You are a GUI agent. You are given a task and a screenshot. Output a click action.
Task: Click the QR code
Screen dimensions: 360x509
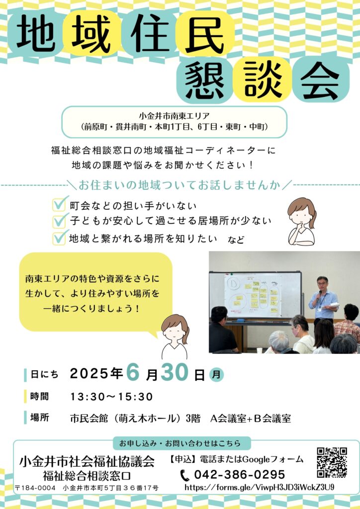pyautogui.click(x=332, y=463)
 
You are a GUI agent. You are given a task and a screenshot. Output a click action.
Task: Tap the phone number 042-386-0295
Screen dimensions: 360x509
pyautogui.click(x=240, y=475)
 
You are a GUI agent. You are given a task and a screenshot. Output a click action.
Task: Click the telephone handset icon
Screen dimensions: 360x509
pyautogui.click(x=184, y=475)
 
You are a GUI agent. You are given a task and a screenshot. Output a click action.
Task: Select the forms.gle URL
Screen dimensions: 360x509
pyautogui.click(x=260, y=487)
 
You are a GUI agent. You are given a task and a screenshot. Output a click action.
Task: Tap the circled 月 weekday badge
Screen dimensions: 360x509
pyautogui.click(x=216, y=375)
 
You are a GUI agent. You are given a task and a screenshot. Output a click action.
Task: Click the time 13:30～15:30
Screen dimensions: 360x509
pyautogui.click(x=111, y=396)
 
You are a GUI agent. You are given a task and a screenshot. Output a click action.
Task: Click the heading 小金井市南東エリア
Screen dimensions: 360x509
pyautogui.click(x=174, y=115)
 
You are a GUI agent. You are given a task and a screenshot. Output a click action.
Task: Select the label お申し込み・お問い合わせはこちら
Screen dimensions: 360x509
pyautogui.click(x=180, y=443)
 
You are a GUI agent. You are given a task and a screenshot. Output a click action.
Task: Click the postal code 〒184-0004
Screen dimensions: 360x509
pyautogui.click(x=35, y=488)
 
